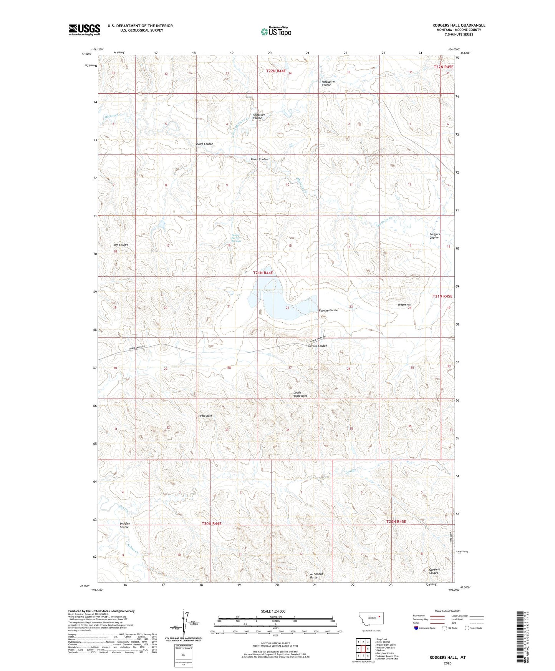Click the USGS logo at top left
84,30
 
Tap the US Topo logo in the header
276,32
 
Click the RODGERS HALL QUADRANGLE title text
459,25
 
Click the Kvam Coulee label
204,144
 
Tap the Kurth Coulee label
259,159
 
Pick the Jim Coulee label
121,245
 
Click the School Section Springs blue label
235,238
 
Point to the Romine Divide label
328,310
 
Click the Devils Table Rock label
300,394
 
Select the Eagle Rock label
205,416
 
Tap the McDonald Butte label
316,576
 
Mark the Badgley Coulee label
124,525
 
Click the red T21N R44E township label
263,273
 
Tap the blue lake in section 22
292,307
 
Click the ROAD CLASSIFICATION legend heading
447,611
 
